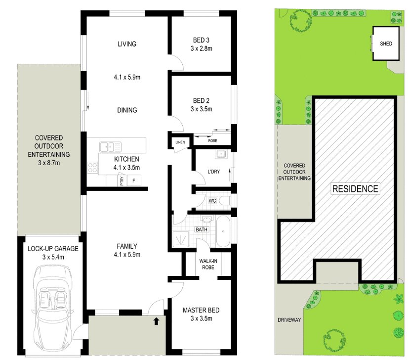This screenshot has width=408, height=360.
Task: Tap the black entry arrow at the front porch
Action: point(157,321)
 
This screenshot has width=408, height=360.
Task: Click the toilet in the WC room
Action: point(225,201)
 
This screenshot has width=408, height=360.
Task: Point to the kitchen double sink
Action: point(110,146)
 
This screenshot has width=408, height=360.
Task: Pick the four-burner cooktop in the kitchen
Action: point(92,168)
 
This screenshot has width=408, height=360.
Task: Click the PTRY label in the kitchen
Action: point(122,181)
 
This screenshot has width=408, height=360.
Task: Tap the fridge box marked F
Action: point(133,181)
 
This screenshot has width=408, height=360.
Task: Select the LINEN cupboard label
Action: point(180,143)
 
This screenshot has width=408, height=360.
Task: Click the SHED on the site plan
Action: point(386,44)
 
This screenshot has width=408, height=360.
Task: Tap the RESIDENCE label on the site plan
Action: point(355,189)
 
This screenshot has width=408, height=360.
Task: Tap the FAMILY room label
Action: point(127,246)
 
